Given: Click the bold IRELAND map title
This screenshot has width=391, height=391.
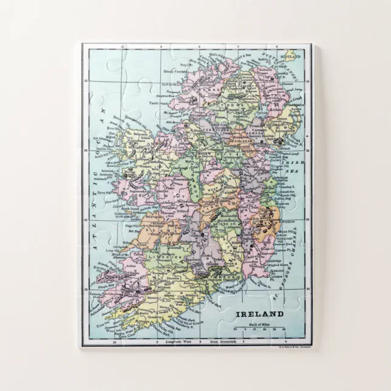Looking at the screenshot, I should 259,314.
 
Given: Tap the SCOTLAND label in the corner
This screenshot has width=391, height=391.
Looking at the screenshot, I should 290,56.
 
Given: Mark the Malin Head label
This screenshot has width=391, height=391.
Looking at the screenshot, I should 216,54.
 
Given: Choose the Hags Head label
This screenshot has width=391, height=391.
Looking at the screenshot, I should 132,226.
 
